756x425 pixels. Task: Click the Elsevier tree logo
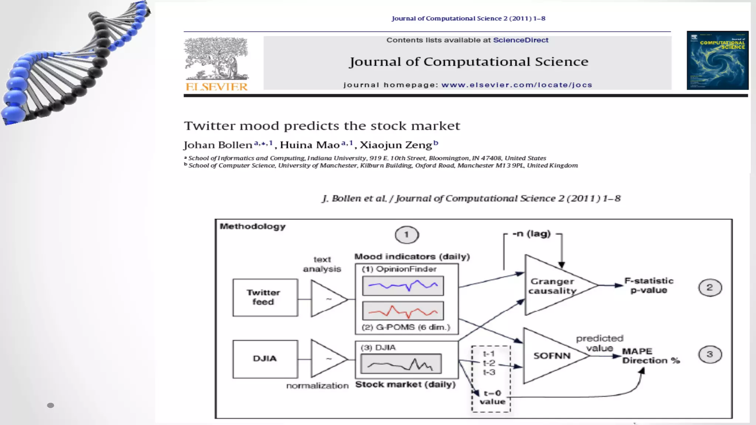(x=216, y=59)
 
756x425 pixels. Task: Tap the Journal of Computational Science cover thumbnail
(x=717, y=61)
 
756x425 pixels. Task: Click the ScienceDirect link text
(x=520, y=40)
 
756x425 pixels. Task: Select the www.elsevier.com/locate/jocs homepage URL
(x=516, y=85)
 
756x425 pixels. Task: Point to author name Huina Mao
(x=309, y=145)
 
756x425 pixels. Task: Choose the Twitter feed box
(x=265, y=297)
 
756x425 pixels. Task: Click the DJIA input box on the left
(x=265, y=359)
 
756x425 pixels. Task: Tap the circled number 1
(x=407, y=235)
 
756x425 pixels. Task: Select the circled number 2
(x=710, y=288)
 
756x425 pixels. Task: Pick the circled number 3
(x=710, y=355)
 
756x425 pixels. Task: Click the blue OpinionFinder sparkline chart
(x=403, y=286)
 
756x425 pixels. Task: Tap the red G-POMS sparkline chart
(x=403, y=311)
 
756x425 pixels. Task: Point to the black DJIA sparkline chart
(x=401, y=364)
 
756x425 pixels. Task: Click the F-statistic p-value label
(x=649, y=286)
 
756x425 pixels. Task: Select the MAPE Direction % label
(x=650, y=356)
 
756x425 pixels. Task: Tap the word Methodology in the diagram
(x=253, y=227)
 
